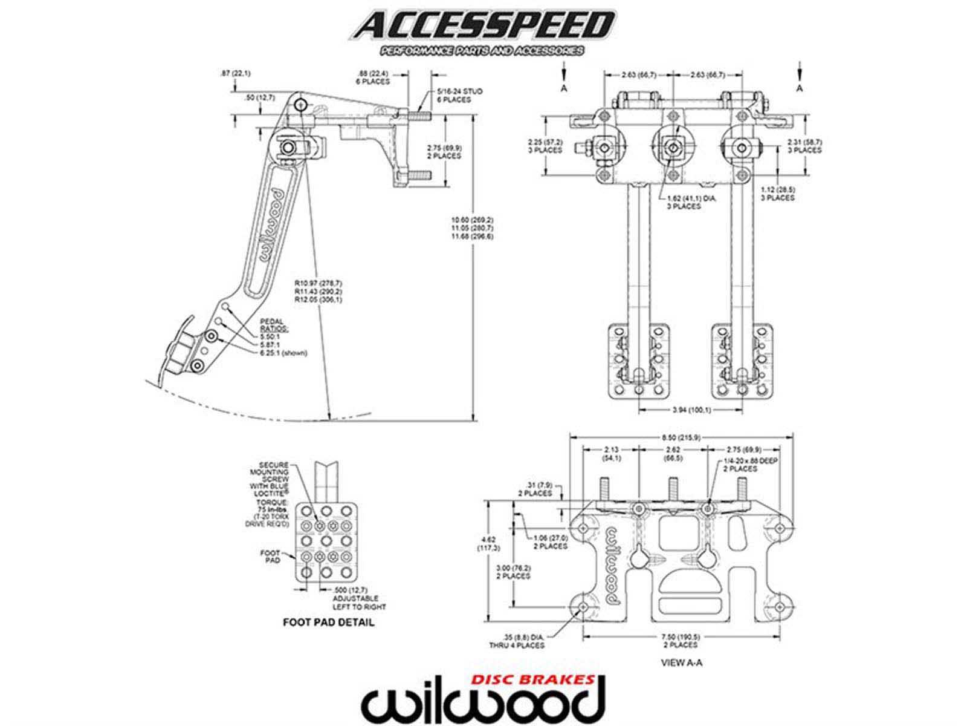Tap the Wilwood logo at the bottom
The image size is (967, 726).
pyautogui.click(x=483, y=702)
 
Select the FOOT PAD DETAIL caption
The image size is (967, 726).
pyautogui.click(x=329, y=622)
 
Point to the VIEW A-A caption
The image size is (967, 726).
pyautogui.click(x=682, y=662)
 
